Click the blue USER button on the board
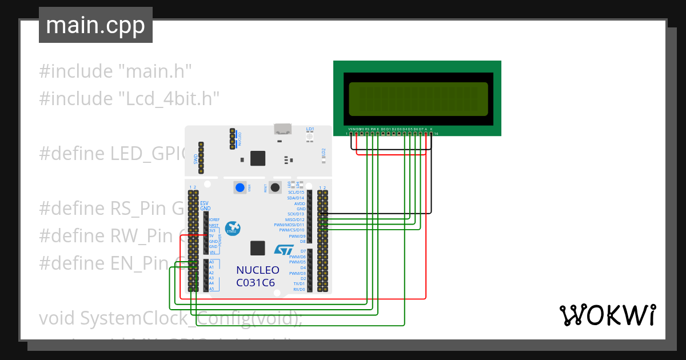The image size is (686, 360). pyautogui.click(x=240, y=187)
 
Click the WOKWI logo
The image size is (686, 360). pyautogui.click(x=607, y=315)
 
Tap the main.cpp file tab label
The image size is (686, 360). pyautogui.click(x=95, y=26)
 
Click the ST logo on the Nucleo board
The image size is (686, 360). pyautogui.click(x=284, y=250)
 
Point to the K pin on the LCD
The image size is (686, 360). pyautogui.click(x=432, y=134)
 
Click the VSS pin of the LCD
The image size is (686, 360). pyautogui.click(x=351, y=134)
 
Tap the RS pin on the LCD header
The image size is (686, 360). pyautogui.click(x=367, y=134)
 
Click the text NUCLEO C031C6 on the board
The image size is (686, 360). pyautogui.click(x=257, y=276)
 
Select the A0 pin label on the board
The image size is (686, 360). pyautogui.click(x=212, y=262)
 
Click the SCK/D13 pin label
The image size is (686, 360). pyautogui.click(x=296, y=214)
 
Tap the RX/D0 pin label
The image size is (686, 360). pyautogui.click(x=298, y=290)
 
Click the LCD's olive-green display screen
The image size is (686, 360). pyautogui.click(x=418, y=98)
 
